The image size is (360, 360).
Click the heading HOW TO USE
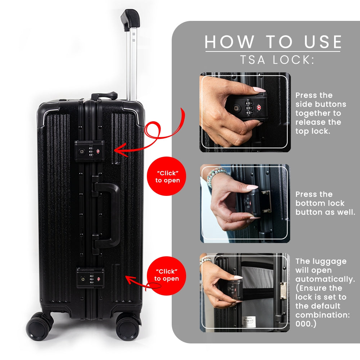(x=273, y=42)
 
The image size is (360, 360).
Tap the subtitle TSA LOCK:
(x=277, y=60)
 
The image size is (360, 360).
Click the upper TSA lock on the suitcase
(x=90, y=151)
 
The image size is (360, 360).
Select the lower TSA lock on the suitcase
(x=90, y=278)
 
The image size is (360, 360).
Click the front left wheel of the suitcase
(x=37, y=326)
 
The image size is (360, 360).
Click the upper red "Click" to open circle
(x=167, y=176)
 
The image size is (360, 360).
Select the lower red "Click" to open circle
(x=166, y=275)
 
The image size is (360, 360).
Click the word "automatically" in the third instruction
(x=325, y=279)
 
